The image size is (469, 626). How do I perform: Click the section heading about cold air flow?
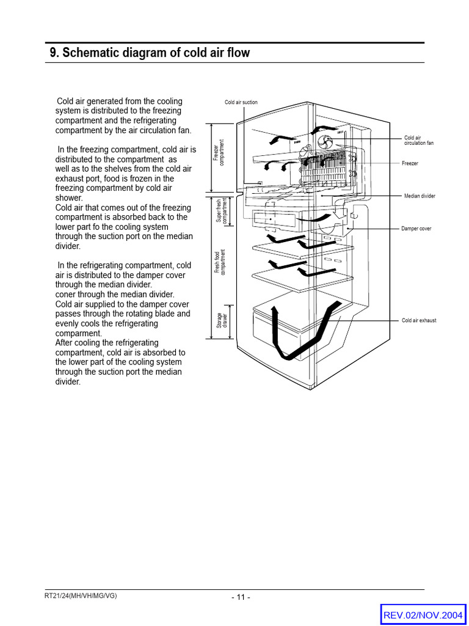(x=150, y=53)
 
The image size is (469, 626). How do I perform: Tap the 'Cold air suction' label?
(x=241, y=102)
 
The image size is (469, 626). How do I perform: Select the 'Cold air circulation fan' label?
(x=418, y=141)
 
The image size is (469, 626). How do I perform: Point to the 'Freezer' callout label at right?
(x=410, y=164)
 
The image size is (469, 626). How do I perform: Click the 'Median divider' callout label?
(x=420, y=196)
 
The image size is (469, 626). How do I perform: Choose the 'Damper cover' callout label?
(x=416, y=229)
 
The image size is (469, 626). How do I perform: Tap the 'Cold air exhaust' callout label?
(x=419, y=320)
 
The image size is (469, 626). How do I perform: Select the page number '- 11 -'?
(x=241, y=597)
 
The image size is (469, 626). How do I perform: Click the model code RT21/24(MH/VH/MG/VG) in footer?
(x=81, y=596)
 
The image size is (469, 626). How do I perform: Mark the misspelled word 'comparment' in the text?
(x=78, y=333)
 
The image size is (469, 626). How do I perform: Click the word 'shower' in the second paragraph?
(x=68, y=198)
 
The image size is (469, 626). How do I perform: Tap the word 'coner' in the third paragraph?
(x=65, y=294)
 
